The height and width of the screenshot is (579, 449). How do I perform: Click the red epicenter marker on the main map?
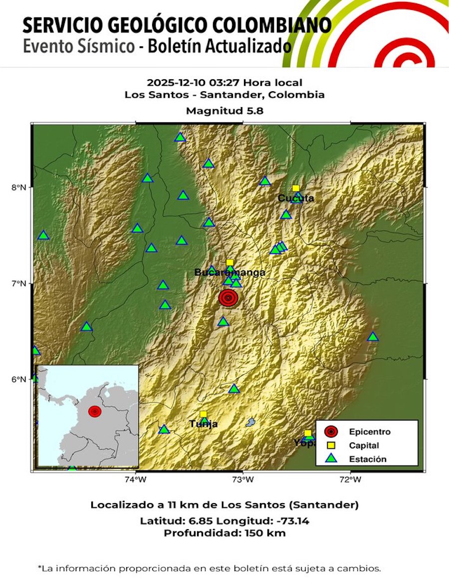tap(228, 298)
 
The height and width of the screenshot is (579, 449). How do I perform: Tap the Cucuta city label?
tap(296, 198)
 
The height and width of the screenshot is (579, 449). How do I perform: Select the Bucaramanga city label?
tap(229, 273)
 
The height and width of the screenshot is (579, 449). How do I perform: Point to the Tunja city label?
tap(204, 424)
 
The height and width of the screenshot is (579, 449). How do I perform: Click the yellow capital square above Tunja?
tap(204, 414)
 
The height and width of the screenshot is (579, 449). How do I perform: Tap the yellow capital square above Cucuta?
tap(296, 188)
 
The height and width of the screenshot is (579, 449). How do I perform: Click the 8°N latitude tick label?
tap(19, 188)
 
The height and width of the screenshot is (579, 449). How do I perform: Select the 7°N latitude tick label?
tap(19, 283)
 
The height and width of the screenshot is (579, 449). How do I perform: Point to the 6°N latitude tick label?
tap(19, 380)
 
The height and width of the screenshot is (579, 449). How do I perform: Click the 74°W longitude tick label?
tap(135, 480)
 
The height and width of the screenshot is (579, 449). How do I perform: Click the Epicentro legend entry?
tap(369, 432)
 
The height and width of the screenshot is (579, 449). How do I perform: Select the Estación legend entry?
tap(367, 459)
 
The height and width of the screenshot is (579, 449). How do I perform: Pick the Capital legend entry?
tap(364, 446)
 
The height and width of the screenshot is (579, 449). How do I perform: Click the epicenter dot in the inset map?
tap(95, 411)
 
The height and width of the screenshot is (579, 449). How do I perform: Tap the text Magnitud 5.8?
tap(224, 111)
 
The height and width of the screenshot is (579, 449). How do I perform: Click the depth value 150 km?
tap(254, 533)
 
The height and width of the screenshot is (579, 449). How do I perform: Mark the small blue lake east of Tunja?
tap(250, 422)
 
